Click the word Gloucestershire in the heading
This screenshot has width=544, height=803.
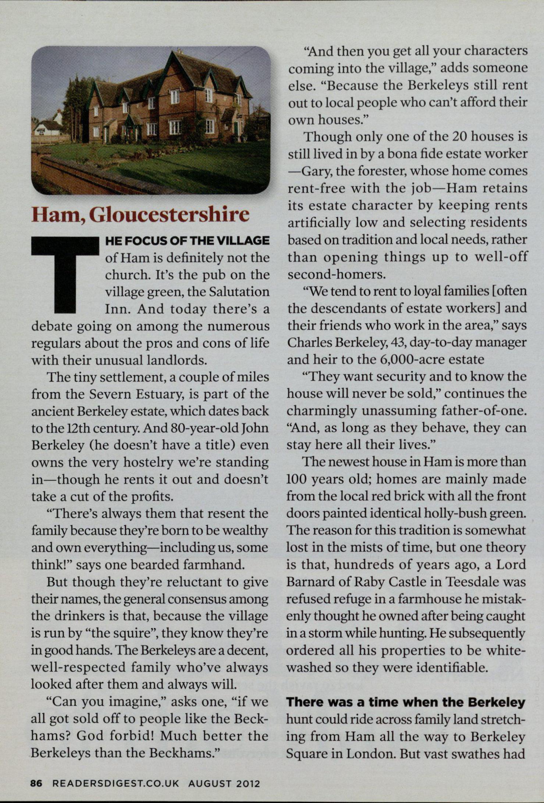click(x=170, y=215)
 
